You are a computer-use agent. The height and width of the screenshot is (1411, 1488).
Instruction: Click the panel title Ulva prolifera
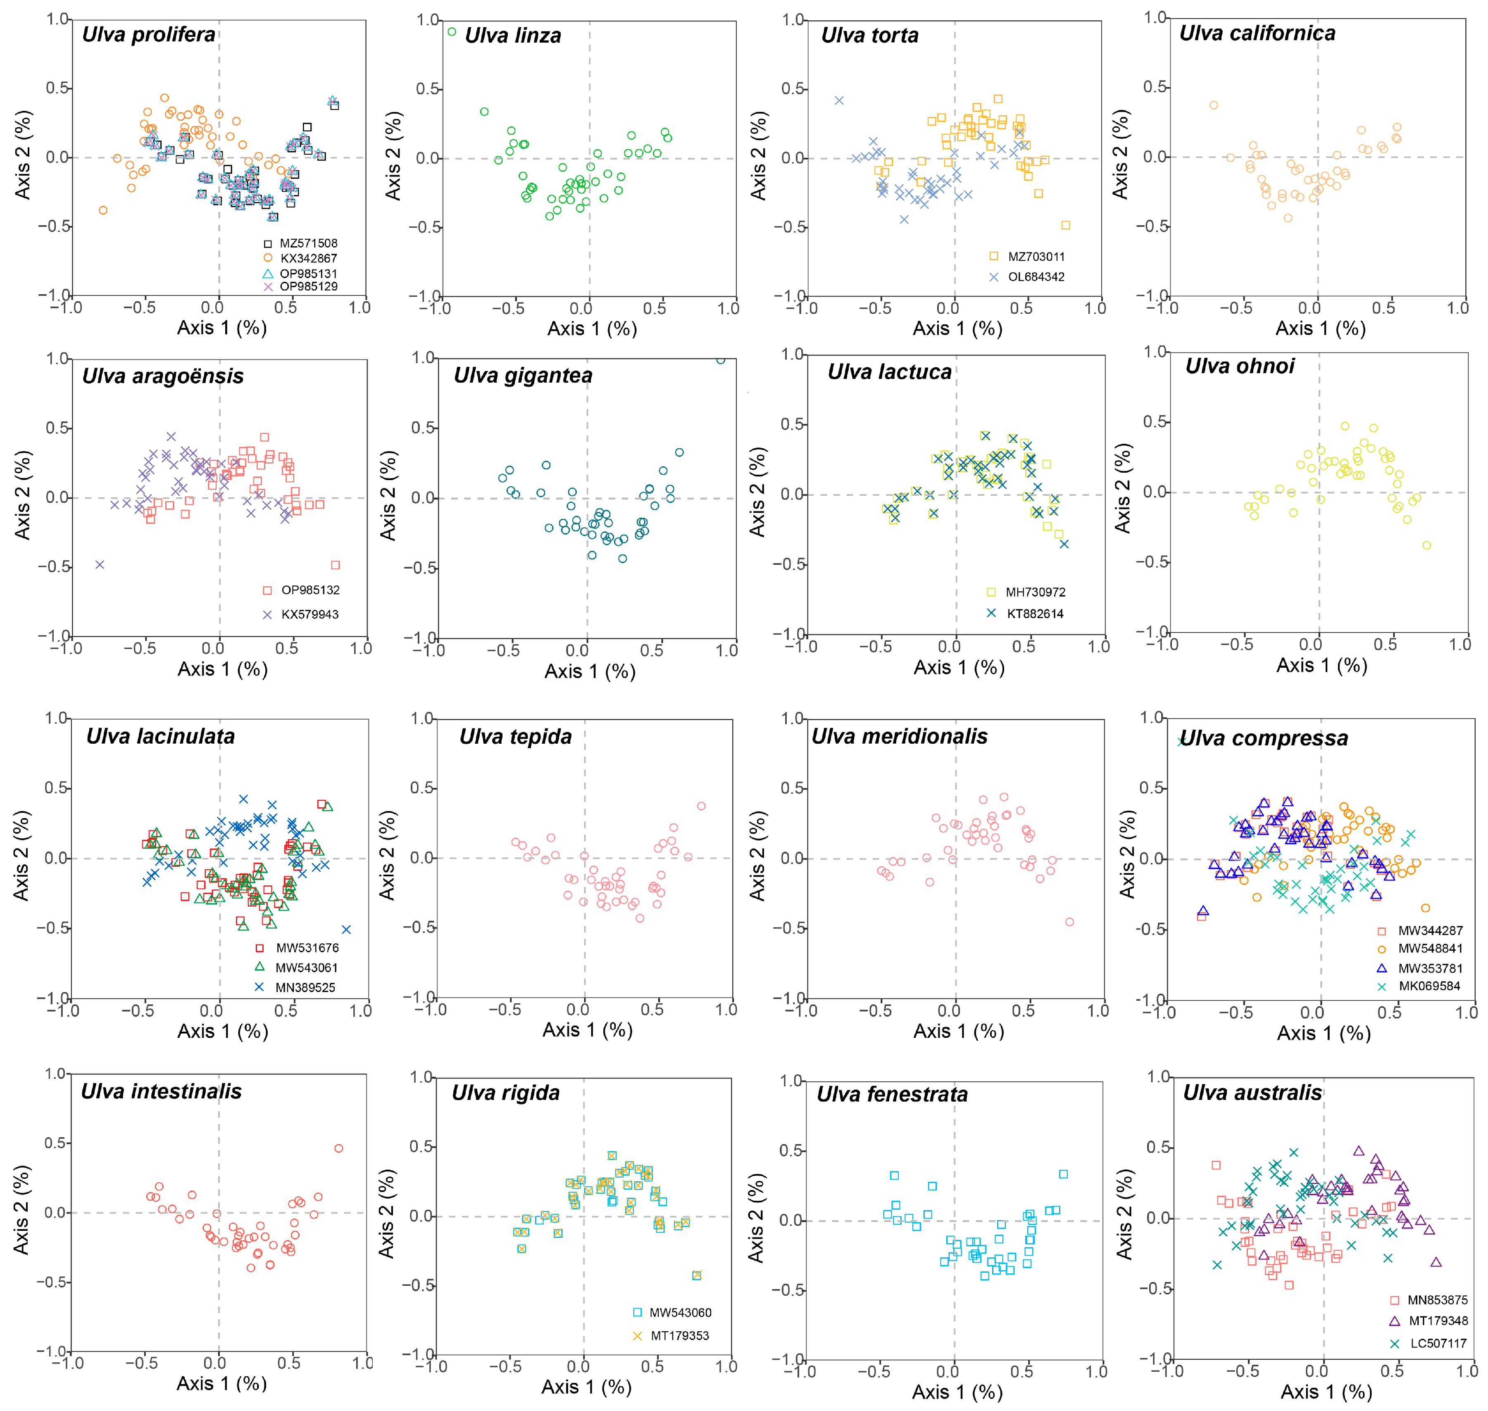point(148,35)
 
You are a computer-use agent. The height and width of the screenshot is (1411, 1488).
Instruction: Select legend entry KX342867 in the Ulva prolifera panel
point(308,258)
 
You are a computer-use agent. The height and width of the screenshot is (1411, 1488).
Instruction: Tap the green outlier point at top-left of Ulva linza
point(451,31)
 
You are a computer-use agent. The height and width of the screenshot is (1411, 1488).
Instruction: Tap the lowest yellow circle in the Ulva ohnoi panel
point(1426,545)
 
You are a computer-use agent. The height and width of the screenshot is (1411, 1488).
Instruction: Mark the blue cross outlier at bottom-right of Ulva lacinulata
point(346,930)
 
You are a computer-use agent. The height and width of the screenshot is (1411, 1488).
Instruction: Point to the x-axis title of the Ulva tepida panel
point(588,1030)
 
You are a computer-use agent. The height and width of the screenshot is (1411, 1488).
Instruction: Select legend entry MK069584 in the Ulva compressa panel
point(1428,986)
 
